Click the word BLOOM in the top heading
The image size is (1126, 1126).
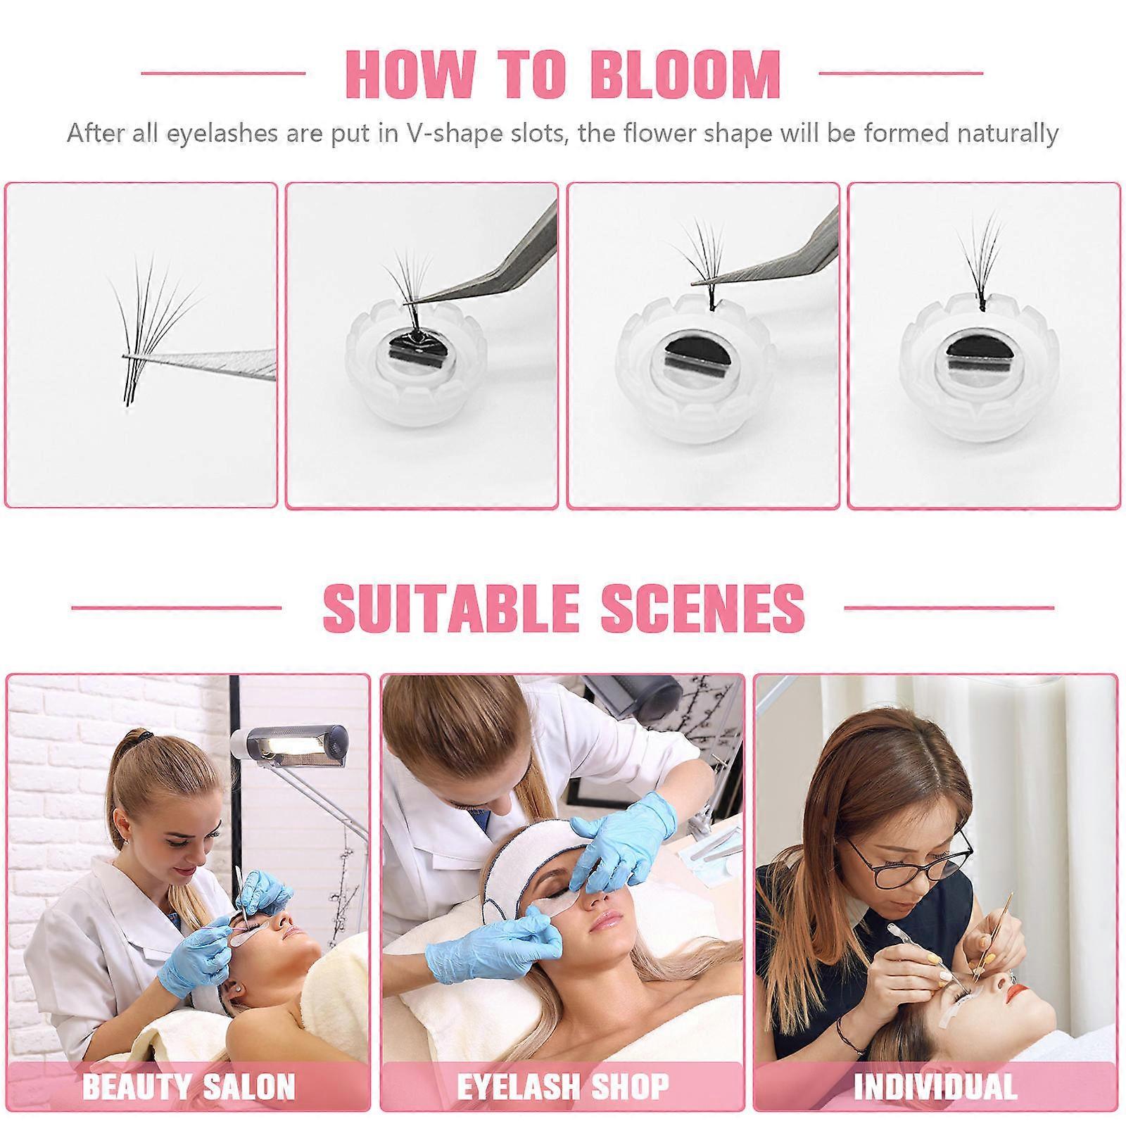click(x=687, y=73)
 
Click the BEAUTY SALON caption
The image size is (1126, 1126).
click(x=189, y=1087)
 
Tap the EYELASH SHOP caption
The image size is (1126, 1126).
click(x=563, y=1087)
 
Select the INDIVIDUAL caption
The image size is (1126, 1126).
click(x=935, y=1087)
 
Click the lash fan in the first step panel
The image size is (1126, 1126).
click(x=155, y=331)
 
